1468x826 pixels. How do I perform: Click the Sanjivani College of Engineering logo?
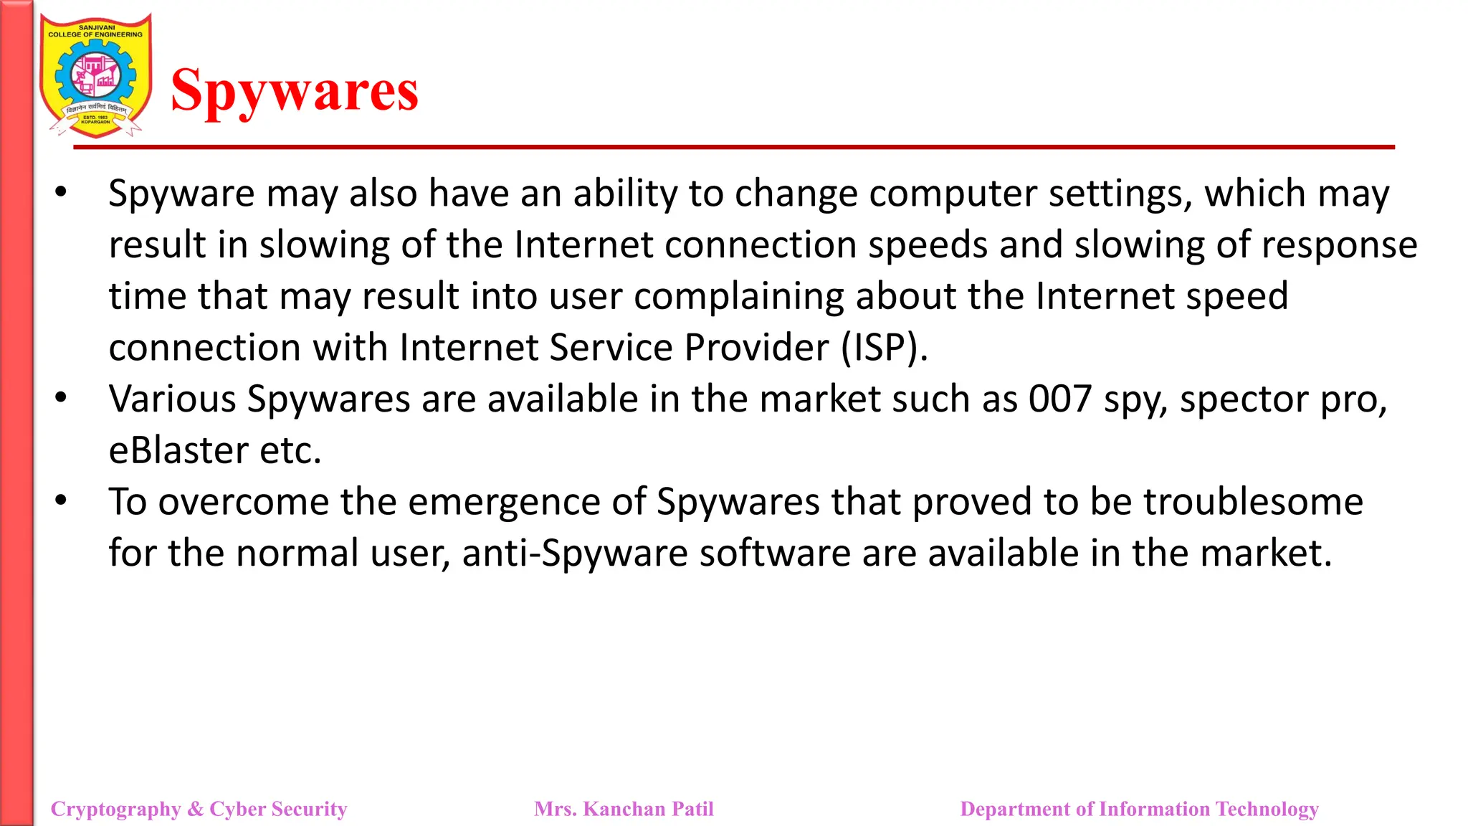pyautogui.click(x=95, y=75)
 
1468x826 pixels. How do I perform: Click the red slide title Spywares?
pyautogui.click(x=295, y=92)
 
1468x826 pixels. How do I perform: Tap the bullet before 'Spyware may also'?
pyautogui.click(x=61, y=192)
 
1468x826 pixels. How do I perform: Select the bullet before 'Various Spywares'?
pyautogui.click(x=61, y=397)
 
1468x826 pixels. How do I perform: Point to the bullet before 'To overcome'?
pyautogui.click(x=61, y=500)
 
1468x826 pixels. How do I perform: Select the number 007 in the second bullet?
pyautogui.click(x=1060, y=399)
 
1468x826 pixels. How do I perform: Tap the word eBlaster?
pyautogui.click(x=178, y=450)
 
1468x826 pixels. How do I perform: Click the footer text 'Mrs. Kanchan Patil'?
pyautogui.click(x=624, y=809)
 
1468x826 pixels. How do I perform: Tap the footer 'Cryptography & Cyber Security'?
pyautogui.click(x=199, y=809)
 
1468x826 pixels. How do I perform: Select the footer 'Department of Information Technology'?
pyautogui.click(x=1139, y=809)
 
